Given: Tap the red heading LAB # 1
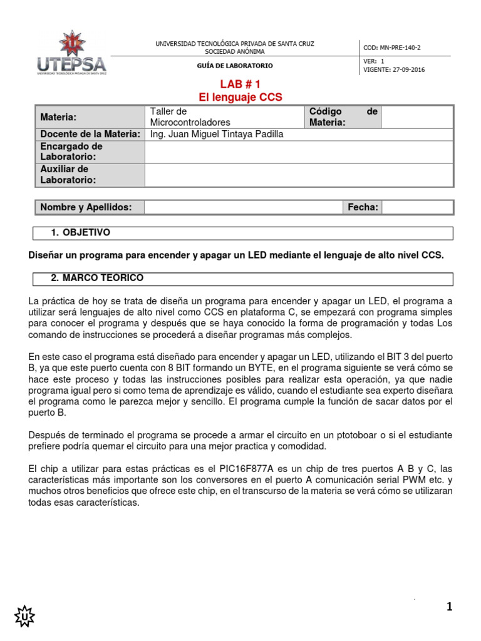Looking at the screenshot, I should tap(240, 85).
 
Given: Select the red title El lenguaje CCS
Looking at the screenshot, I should tap(240, 97).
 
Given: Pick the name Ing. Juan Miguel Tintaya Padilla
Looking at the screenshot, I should tap(217, 135).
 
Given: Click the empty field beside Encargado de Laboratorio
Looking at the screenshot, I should tap(298, 151).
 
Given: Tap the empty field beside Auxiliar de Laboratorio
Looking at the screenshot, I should tap(298, 175).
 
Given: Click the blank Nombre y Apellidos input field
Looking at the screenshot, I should tap(244, 207).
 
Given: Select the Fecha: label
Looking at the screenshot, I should tap(363, 207).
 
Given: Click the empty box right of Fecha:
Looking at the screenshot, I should tap(417, 207).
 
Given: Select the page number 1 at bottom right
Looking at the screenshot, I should tap(449, 607).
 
